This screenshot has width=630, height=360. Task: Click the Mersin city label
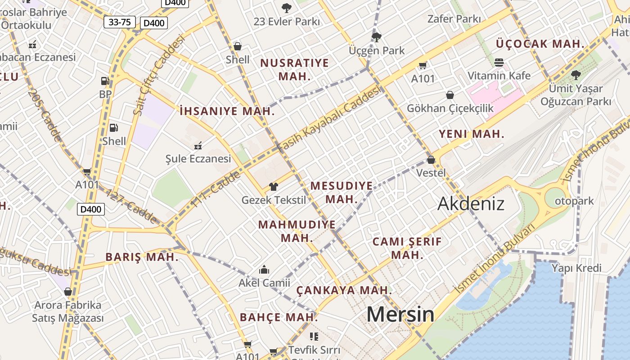400,314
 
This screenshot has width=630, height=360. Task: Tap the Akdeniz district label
471,204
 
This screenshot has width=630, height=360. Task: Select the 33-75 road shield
120,22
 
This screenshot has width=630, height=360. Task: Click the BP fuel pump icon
105,81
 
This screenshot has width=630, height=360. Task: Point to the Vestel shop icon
431,160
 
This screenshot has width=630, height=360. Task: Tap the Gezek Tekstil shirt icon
273,187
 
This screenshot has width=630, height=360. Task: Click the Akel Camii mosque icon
264,270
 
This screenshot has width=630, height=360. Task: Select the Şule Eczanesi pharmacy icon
198,145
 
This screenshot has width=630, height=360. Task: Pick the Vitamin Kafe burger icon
499,62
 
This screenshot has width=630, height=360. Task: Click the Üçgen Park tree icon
377,37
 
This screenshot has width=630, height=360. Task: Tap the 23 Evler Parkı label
287,22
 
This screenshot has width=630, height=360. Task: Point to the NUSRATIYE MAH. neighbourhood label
294,69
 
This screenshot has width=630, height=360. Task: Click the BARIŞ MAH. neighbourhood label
142,257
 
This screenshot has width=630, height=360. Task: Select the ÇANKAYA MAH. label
344,290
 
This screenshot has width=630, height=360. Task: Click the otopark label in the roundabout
574,201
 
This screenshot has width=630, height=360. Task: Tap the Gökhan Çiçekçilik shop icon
450,95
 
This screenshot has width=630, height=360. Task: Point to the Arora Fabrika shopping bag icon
68,292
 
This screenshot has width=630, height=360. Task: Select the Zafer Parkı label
454,19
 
